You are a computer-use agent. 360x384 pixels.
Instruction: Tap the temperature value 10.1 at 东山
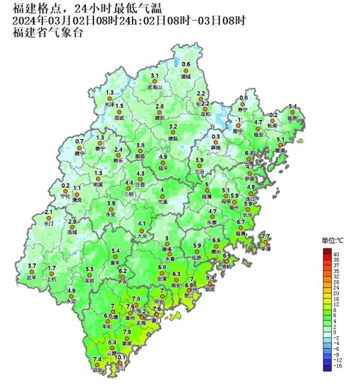pos(121,358)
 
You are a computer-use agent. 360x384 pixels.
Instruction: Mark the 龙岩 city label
pos(89,281)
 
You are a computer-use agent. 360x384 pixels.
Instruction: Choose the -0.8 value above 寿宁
pos(242,98)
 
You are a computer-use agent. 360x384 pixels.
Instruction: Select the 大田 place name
pos(142,236)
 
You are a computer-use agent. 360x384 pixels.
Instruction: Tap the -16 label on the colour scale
pos(337,365)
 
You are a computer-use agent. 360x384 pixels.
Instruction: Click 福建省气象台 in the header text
pos(48,32)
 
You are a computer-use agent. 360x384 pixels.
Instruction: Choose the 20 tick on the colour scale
pos(336,293)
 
